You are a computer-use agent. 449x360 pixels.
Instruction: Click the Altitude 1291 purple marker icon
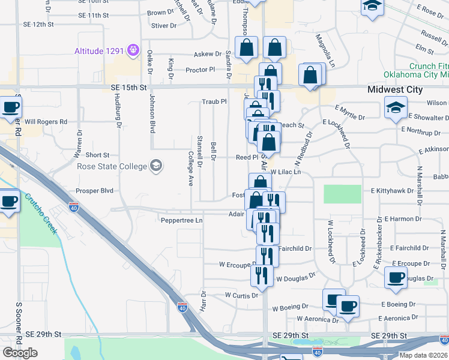(x=133, y=50)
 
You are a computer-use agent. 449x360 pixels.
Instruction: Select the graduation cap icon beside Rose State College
(x=156, y=166)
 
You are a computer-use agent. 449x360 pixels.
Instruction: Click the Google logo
(x=20, y=352)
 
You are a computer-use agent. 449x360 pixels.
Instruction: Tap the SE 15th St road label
(x=129, y=88)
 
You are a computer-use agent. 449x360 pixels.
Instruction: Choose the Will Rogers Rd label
(x=46, y=122)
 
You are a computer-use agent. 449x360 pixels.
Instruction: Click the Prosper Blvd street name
(x=95, y=191)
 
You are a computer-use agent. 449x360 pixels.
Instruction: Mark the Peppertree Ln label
(x=182, y=220)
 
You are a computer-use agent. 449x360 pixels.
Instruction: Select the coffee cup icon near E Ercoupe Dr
(x=395, y=277)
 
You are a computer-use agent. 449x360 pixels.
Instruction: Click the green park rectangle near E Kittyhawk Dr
(x=343, y=194)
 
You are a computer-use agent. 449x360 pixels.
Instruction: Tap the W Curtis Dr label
(x=241, y=295)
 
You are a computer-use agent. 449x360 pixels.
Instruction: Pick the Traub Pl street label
(x=214, y=101)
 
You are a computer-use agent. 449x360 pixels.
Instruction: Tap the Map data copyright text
(x=424, y=355)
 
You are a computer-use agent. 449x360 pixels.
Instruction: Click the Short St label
(x=97, y=155)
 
